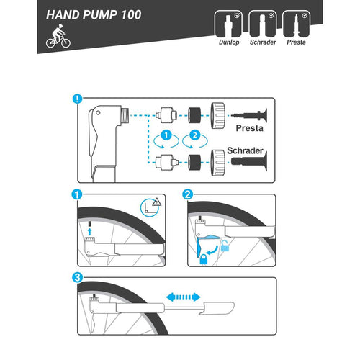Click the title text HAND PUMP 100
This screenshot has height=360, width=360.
[94, 14]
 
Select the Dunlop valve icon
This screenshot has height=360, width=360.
[228, 24]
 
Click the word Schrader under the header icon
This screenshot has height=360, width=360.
[263, 42]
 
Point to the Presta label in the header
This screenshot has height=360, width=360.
[296, 42]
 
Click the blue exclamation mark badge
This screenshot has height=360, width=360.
[77, 99]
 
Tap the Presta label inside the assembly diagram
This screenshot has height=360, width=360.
[249, 128]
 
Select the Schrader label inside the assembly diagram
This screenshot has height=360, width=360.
[245, 150]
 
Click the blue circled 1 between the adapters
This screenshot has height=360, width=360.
[166, 135]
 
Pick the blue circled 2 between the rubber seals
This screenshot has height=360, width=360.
[195, 135]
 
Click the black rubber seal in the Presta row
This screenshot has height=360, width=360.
[194, 115]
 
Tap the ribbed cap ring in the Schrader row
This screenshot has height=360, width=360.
[217, 163]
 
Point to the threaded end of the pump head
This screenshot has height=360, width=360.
[125, 115]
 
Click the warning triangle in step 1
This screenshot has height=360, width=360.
[157, 202]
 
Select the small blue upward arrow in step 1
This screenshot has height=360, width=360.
[89, 232]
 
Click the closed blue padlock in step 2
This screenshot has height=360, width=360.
[204, 259]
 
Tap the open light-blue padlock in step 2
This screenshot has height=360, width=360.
[225, 246]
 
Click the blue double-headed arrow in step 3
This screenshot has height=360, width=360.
[184, 297]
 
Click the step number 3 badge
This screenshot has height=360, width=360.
[77, 278]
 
